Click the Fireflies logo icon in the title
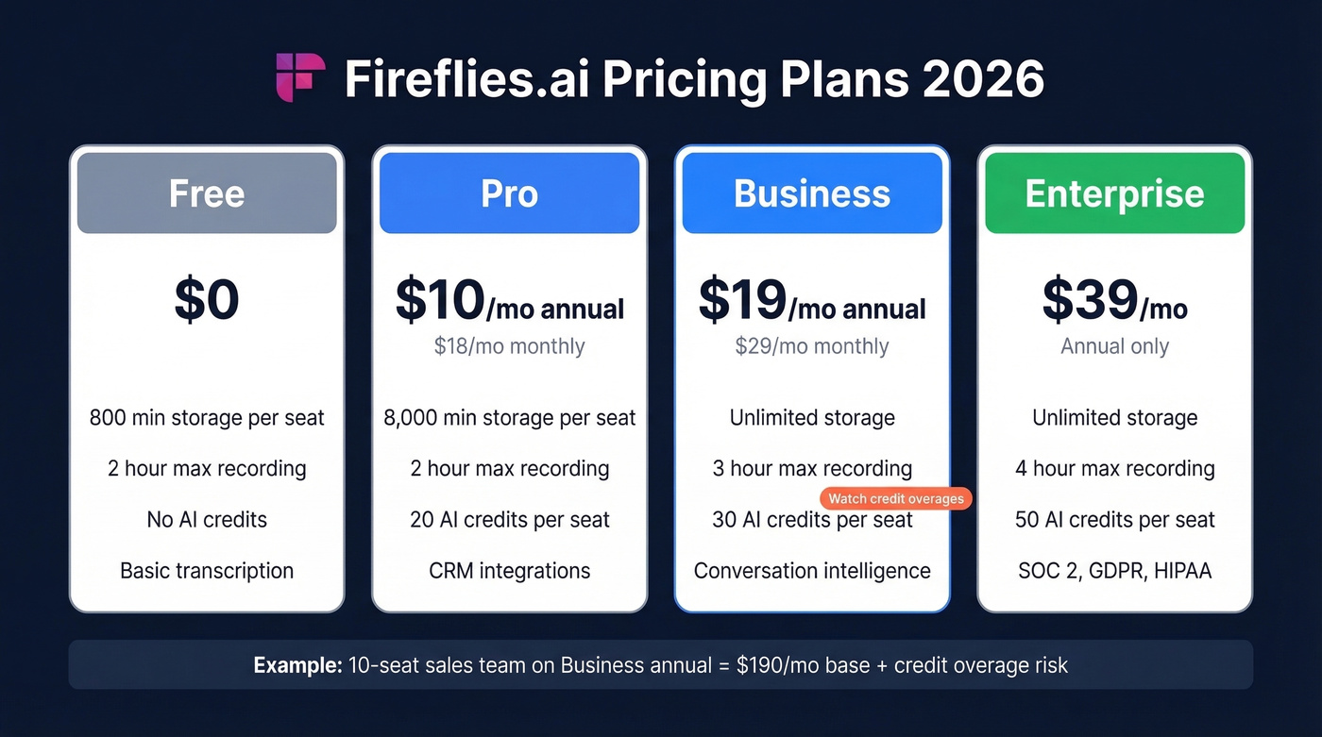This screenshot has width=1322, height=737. (x=300, y=77)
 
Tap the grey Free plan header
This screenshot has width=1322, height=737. (x=207, y=193)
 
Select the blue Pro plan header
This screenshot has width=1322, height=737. (x=509, y=193)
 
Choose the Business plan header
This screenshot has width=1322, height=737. (x=812, y=193)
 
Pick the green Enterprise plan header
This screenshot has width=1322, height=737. (x=1114, y=193)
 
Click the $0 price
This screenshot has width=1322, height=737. (x=207, y=299)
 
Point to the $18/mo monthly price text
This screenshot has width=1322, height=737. (x=509, y=346)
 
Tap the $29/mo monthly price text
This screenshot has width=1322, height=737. (x=812, y=346)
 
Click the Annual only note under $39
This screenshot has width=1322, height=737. (x=1114, y=346)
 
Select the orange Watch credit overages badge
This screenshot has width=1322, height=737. (x=896, y=498)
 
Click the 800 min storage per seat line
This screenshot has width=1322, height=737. (x=207, y=418)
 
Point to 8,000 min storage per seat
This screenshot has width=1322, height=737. (x=509, y=418)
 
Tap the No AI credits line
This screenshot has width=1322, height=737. (x=207, y=520)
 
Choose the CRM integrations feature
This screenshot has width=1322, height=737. (x=509, y=571)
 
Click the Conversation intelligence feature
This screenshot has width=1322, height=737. (x=812, y=571)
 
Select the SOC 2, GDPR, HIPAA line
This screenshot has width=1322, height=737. (x=1114, y=571)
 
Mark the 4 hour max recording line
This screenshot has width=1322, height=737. (x=1114, y=469)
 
